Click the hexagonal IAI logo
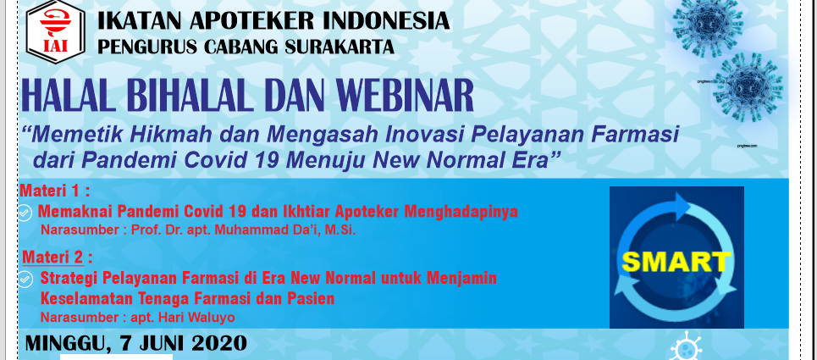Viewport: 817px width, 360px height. (x=55, y=31)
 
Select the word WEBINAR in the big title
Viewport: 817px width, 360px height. (x=404, y=96)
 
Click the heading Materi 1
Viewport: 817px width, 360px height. (x=55, y=191)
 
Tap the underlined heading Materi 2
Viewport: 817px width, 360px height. (x=53, y=258)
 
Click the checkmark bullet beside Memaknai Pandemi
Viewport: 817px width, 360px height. (x=25, y=212)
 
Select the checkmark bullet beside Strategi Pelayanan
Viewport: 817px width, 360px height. (x=25, y=280)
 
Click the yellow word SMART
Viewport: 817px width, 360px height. (x=676, y=262)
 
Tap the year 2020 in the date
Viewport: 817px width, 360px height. (x=218, y=343)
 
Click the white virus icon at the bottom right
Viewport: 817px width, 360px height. (x=687, y=346)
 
